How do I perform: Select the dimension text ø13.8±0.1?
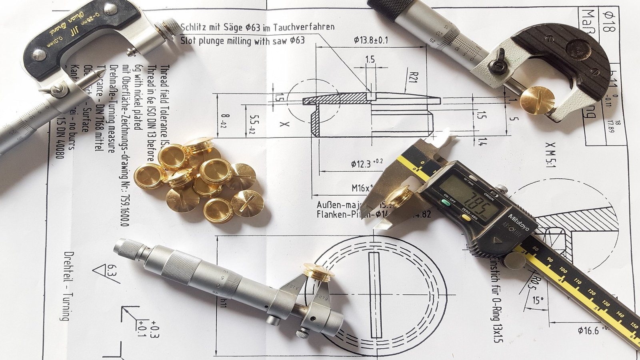[x=371, y=40]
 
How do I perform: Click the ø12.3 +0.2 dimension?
[x=366, y=163]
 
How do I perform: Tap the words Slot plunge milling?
[x=216, y=41]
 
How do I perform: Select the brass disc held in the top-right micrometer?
[x=538, y=100]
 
